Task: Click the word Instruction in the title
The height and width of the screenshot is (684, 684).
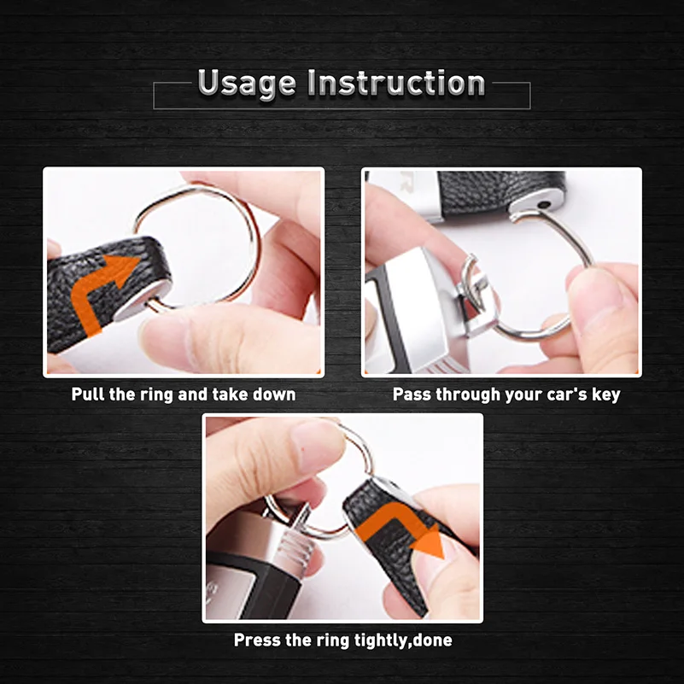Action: [396, 83]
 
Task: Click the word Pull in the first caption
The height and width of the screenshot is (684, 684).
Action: [87, 395]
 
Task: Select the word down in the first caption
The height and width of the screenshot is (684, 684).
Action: [275, 395]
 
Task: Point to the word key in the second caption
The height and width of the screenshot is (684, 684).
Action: [605, 395]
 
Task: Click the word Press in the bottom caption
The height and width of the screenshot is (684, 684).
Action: [254, 640]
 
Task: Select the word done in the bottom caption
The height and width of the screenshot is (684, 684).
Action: [432, 640]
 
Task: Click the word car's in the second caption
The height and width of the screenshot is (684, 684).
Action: [563, 395]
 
